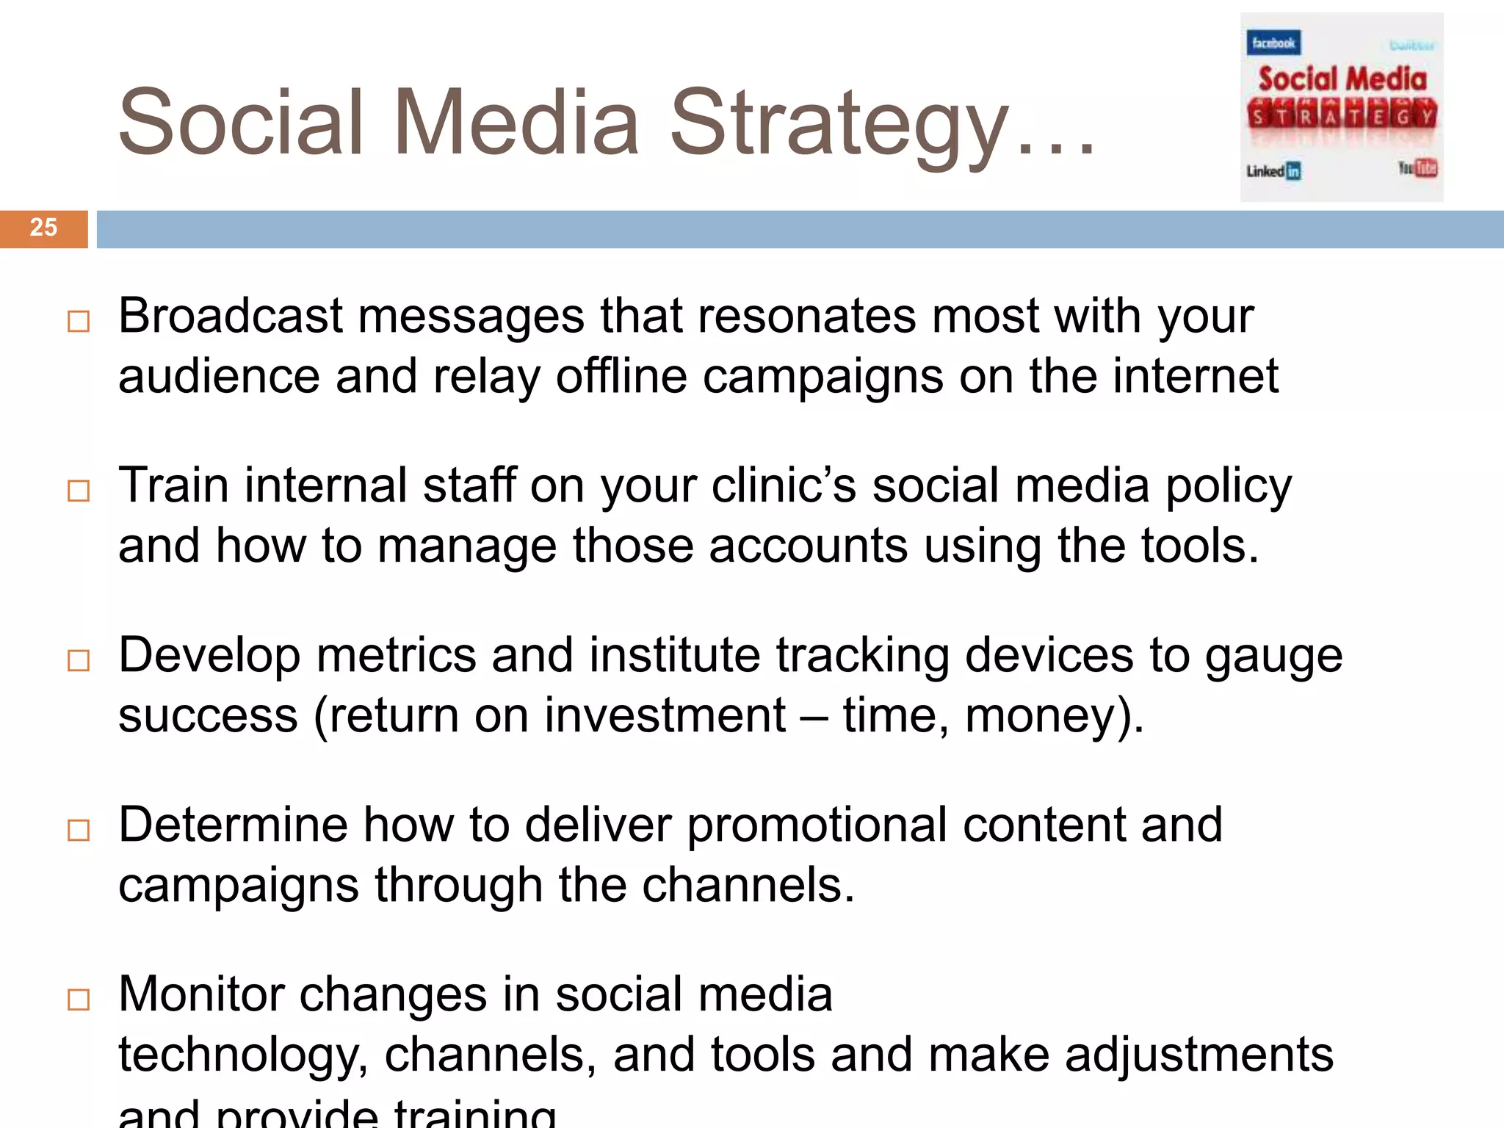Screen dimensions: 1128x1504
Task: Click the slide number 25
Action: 43,228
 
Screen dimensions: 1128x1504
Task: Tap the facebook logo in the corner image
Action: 1273,43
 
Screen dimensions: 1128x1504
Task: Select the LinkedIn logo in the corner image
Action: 1273,171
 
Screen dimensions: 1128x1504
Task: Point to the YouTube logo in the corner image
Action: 1417,168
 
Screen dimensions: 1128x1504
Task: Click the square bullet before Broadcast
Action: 79,322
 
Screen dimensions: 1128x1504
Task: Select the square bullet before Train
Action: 79,491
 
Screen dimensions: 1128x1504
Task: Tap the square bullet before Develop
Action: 79,660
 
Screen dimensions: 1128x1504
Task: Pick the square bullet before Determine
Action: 79,830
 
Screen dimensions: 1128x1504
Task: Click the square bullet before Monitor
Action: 79,999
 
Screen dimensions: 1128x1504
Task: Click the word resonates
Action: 806,316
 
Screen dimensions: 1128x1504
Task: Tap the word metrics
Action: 396,655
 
